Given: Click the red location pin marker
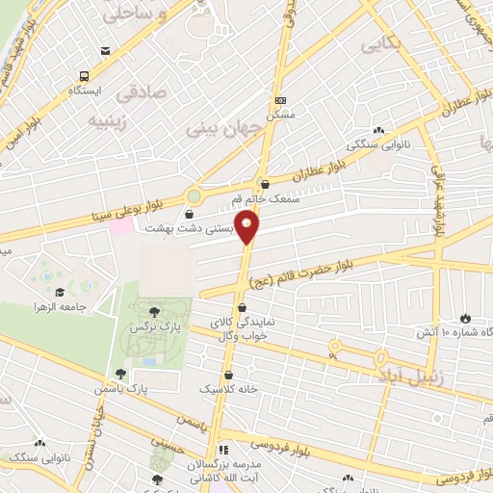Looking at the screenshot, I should [248, 227].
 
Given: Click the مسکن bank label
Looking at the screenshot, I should [280, 114].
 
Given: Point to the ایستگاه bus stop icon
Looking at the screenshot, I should [86, 76].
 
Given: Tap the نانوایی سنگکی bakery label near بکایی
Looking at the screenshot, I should [374, 144].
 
